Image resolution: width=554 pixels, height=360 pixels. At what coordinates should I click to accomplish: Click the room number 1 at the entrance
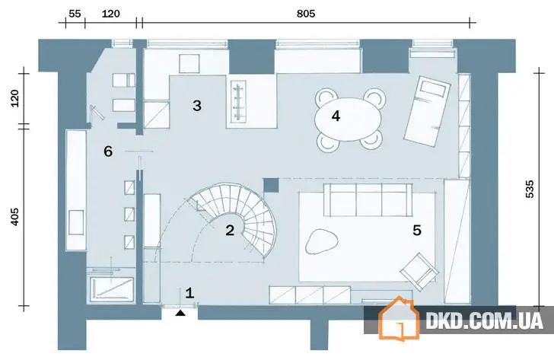189,293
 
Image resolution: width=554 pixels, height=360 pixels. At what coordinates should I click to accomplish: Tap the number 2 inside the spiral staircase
230,231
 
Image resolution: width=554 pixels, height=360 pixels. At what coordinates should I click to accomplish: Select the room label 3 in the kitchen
197,105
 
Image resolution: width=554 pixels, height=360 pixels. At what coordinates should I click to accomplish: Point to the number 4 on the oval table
336,116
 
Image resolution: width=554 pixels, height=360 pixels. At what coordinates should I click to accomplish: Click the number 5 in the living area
417,231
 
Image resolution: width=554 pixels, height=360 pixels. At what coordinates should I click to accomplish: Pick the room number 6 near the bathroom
108,151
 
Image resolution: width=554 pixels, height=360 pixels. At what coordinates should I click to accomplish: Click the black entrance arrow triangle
180,313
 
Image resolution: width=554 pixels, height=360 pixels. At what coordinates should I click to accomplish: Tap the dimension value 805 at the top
306,14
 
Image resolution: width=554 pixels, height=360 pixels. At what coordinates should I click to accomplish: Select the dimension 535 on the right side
530,189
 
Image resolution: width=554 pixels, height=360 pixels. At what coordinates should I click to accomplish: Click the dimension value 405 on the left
14,217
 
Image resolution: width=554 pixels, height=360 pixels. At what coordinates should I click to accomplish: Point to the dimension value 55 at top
75,14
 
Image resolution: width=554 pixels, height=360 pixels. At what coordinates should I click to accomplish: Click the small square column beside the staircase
271,185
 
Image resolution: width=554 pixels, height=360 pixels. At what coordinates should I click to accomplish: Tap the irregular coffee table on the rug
322,241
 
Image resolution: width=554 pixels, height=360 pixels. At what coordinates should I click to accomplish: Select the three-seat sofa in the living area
368,199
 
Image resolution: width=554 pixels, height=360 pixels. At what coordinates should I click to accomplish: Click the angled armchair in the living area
419,271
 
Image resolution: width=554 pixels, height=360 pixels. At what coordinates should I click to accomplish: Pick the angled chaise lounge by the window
428,111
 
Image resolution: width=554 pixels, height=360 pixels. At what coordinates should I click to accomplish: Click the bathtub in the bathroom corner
112,289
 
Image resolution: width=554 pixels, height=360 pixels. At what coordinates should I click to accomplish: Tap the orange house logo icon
399,318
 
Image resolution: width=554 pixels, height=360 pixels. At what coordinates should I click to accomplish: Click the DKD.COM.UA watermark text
484,320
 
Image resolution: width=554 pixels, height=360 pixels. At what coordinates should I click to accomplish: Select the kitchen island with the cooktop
252,102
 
